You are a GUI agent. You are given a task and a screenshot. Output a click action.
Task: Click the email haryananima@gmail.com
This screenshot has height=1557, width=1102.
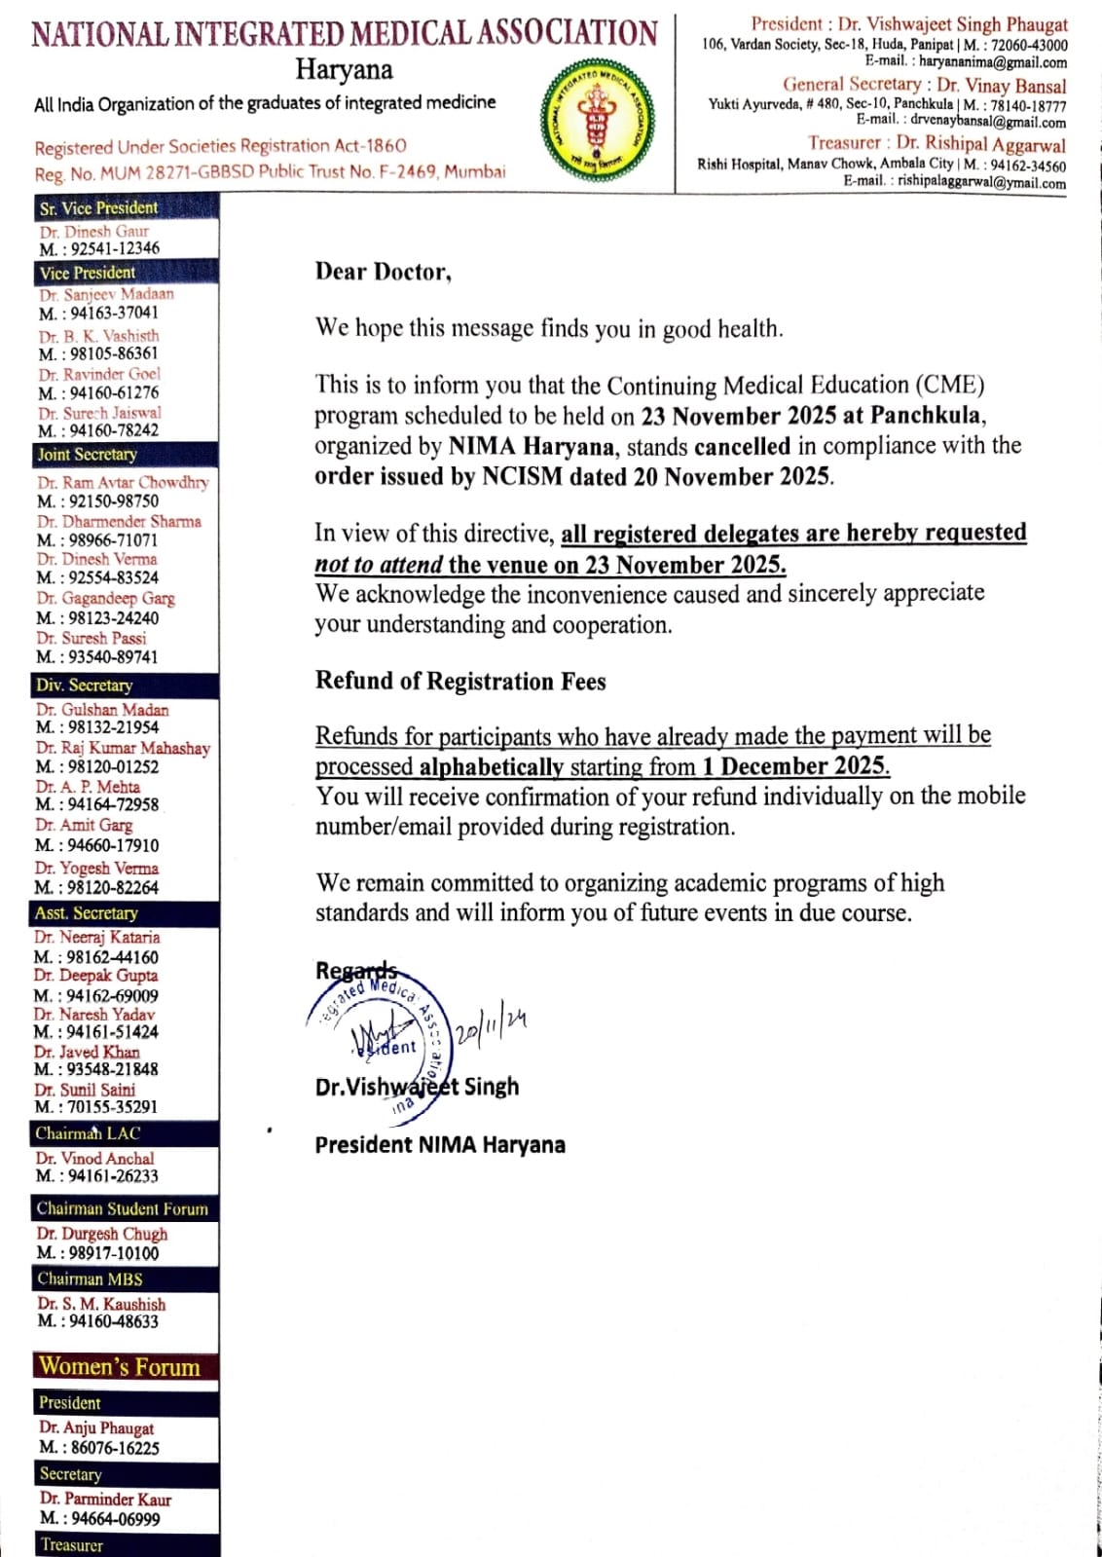coord(992,61)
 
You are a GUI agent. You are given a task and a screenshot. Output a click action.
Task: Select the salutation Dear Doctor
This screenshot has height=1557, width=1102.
coord(383,272)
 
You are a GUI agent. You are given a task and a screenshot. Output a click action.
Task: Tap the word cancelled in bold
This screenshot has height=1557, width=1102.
coord(742,446)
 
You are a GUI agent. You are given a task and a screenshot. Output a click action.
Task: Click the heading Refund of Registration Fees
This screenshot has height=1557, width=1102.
coord(460,681)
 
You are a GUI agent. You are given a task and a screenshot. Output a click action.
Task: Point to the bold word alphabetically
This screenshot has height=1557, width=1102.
coord(492,766)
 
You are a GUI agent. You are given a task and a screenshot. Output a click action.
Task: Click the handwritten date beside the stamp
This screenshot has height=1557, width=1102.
coord(492,1028)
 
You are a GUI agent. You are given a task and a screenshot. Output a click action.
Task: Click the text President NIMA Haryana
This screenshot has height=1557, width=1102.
coord(440,1144)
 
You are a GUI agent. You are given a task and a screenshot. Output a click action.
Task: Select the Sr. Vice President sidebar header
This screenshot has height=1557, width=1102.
coord(98,207)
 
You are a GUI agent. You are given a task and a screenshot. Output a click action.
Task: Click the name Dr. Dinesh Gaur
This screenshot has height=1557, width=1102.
coord(93,232)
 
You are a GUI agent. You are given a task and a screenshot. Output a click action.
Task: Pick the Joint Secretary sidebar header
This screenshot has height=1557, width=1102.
coord(88,454)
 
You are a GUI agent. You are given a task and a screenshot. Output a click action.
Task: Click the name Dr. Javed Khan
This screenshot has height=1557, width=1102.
coord(87,1052)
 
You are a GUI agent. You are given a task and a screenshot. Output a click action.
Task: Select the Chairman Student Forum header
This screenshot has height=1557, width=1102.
coord(123,1208)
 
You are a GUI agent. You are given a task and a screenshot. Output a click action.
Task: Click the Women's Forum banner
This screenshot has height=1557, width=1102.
coord(120,1366)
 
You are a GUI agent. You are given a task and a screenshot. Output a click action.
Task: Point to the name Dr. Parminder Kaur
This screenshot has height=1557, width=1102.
coord(105,1500)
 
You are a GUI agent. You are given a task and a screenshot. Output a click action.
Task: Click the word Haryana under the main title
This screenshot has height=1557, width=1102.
coord(345,70)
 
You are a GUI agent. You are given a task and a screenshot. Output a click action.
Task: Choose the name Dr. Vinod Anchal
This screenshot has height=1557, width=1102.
coord(94,1159)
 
